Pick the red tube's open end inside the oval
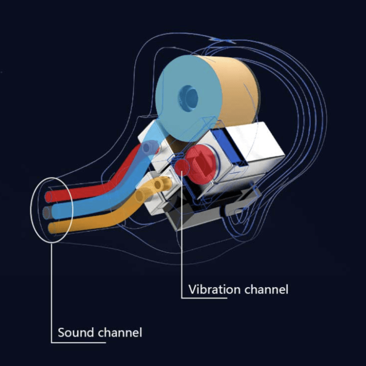(x=50, y=196)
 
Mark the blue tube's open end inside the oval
(x=47, y=211)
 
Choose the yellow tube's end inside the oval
(x=51, y=227)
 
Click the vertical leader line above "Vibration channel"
(x=181, y=239)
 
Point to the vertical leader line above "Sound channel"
(x=52, y=290)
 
